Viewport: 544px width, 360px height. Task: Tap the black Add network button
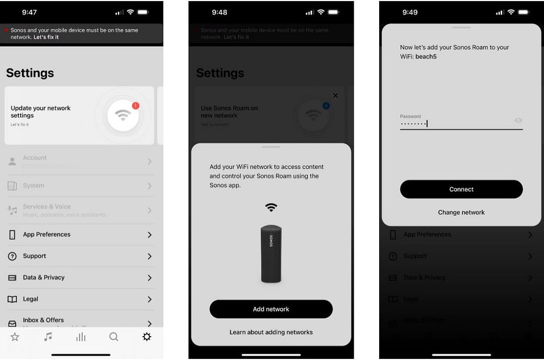pos(271,309)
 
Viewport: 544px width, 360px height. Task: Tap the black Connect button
pos(461,189)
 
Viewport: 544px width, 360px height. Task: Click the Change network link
pos(461,213)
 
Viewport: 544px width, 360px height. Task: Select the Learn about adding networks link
pos(271,332)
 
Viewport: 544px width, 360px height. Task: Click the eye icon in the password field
pos(518,120)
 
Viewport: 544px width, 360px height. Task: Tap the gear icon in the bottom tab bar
pos(146,337)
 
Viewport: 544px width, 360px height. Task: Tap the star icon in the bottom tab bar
pos(15,337)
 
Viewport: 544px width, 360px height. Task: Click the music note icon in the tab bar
pos(48,337)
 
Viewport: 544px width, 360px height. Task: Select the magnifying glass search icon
pos(114,337)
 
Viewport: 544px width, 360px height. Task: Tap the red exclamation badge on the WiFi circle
pos(135,105)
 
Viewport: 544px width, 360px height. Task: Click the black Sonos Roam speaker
pos(271,253)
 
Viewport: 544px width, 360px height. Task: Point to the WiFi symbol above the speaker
pos(271,207)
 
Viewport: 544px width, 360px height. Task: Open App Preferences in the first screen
pos(47,234)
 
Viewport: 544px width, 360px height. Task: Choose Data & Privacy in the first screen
pos(44,277)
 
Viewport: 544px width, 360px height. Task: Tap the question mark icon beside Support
pos(12,256)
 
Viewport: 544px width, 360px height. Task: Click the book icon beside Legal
pos(12,299)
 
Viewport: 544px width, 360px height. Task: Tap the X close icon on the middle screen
pos(335,96)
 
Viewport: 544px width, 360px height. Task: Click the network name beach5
pos(426,57)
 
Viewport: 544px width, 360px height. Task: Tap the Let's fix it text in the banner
pos(46,37)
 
